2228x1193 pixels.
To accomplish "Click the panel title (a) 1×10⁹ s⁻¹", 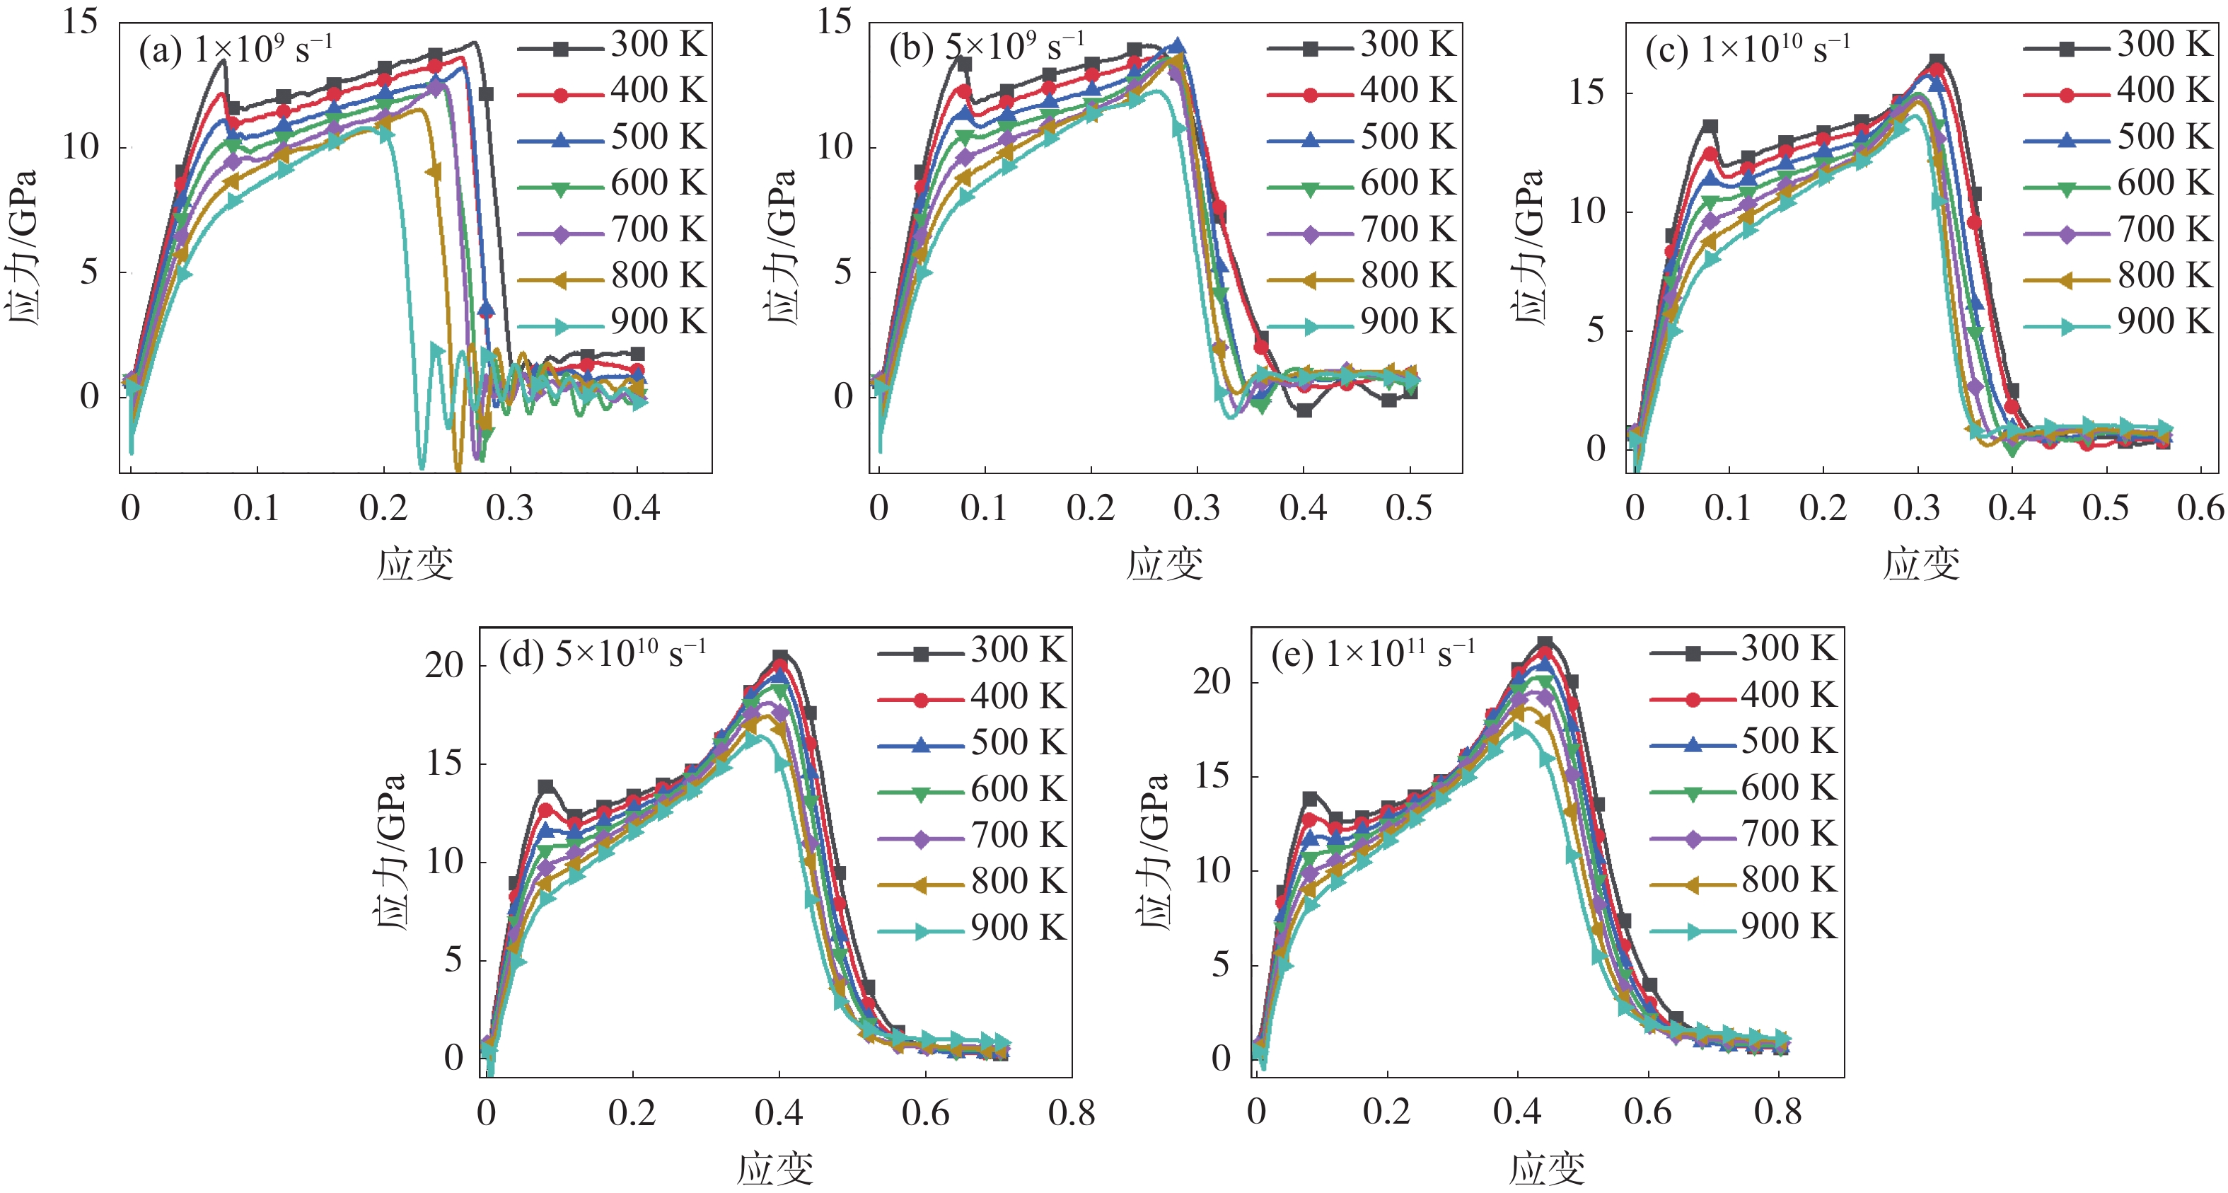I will [x=236, y=50].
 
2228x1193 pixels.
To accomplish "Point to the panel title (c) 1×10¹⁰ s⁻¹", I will [x=1747, y=50].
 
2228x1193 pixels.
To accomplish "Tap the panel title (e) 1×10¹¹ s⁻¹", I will [x=1374, y=654].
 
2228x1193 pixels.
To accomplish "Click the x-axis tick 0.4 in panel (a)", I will [x=637, y=509].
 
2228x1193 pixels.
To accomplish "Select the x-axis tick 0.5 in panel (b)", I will [x=1409, y=509].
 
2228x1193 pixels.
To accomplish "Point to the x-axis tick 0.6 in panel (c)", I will [x=2200, y=509].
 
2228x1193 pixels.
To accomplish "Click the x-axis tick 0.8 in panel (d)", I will [x=1072, y=1112].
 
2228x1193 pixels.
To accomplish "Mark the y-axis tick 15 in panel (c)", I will [x=1587, y=93].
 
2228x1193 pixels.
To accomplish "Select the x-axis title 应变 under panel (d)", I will [x=775, y=1169].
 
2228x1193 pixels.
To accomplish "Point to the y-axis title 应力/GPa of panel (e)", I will [x=1154, y=851].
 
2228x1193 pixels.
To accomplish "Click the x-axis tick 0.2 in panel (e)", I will [x=1386, y=1112].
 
